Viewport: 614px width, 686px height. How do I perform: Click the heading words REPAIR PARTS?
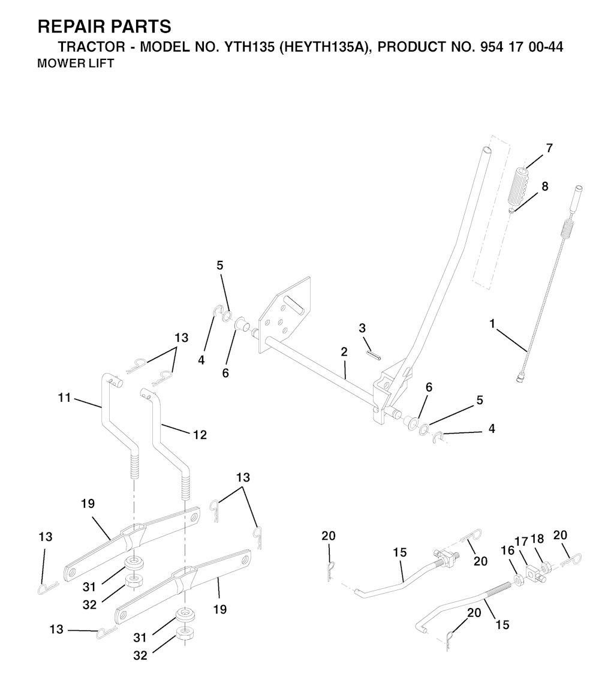(104, 27)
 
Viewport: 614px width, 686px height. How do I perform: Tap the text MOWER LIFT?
(76, 64)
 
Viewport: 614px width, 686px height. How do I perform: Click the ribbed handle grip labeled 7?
(519, 185)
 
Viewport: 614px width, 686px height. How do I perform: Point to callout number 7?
(549, 148)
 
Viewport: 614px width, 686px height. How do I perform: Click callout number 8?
(544, 186)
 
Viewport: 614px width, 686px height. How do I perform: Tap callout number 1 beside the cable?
(492, 324)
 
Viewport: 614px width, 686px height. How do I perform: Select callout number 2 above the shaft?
(344, 352)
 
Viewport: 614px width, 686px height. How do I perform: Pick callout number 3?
(362, 327)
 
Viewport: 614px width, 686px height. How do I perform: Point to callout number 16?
(508, 551)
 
